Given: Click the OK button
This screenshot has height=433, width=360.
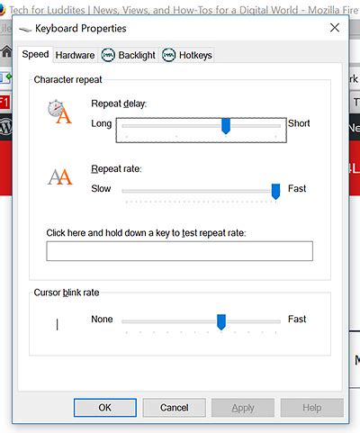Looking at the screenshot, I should [104, 408].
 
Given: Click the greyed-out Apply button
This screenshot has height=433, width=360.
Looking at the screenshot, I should [242, 408].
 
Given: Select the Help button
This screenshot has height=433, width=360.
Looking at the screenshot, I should [311, 408].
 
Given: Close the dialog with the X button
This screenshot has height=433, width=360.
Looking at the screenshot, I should [335, 28].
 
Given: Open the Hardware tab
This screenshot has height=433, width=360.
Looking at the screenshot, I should [75, 55].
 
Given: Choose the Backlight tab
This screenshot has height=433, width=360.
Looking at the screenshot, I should [127, 55].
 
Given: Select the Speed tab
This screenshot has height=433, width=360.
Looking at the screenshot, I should [36, 55].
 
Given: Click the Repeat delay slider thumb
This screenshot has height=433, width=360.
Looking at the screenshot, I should [226, 127].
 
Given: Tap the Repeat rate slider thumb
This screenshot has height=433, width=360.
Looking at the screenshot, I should [275, 190].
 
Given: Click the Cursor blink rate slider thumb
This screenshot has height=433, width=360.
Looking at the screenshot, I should [220, 321].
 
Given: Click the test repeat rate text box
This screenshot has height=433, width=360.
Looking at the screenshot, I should [179, 251].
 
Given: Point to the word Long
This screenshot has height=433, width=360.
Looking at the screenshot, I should [102, 123].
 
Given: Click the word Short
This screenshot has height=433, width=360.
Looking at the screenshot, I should [299, 123].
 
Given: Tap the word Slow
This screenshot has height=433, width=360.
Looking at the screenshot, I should [103, 189].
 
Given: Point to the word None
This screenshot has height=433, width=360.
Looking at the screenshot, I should [102, 320].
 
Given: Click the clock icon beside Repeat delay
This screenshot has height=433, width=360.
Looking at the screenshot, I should [58, 113].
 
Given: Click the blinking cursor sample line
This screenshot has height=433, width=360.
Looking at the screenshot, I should [58, 323].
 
